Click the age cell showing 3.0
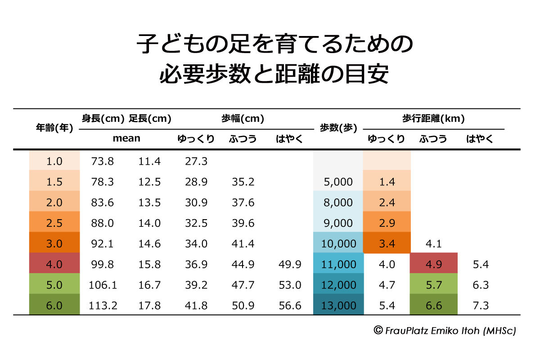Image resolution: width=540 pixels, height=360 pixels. click(54, 244)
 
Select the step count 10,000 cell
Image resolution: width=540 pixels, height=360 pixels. click(338, 244)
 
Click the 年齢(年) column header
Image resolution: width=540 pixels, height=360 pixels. click(54, 128)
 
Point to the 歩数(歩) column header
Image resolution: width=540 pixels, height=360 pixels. click(338, 128)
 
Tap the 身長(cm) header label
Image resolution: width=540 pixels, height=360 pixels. click(103, 119)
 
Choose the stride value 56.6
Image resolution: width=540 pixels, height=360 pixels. click(290, 306)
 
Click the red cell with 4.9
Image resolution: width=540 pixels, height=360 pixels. click(433, 264)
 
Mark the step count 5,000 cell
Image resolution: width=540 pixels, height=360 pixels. click(338, 182)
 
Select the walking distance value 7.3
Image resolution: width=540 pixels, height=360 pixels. click(481, 306)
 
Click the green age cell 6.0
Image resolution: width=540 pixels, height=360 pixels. click(54, 306)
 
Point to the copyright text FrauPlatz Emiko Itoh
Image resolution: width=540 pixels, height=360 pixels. click(445, 331)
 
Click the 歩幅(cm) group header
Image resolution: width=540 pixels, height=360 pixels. click(243, 119)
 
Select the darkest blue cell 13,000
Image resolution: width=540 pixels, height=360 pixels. click(338, 306)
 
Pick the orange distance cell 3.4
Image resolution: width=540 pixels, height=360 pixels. click(387, 244)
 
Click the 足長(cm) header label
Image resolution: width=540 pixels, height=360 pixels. click(150, 119)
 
